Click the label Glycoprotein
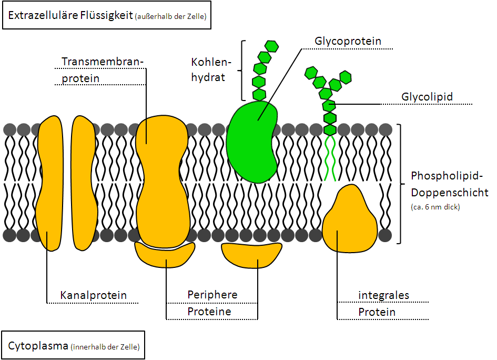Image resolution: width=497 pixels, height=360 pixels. pyautogui.click(x=348, y=41)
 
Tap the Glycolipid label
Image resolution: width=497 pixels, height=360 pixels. pyautogui.click(x=427, y=97)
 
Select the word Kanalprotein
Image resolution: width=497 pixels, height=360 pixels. pyautogui.click(x=94, y=295)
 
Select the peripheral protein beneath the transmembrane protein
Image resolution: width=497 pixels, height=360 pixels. pyautogui.click(x=164, y=255)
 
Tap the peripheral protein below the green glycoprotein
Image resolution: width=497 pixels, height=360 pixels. pyautogui.click(x=251, y=254)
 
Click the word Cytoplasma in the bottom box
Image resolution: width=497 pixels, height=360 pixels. pyautogui.click(x=38, y=346)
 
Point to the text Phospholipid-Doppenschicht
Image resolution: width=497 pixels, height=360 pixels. pyautogui.click(x=449, y=184)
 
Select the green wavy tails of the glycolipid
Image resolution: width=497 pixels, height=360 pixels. pyautogui.click(x=330, y=158)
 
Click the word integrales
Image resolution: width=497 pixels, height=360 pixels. pyautogui.click(x=383, y=295)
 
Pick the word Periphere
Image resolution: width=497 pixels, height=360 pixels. pyautogui.click(x=212, y=295)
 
